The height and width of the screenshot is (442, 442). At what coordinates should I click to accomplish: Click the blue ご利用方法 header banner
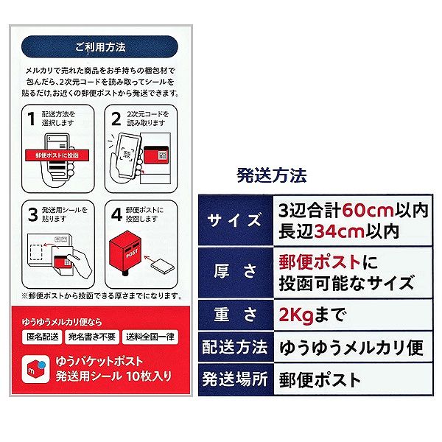click(99, 47)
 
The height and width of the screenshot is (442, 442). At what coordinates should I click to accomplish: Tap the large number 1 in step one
click(31, 119)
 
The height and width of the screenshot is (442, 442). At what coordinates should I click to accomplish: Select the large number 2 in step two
click(116, 119)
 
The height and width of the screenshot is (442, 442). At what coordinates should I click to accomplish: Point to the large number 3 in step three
click(33, 214)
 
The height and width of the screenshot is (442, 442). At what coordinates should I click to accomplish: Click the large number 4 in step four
click(116, 214)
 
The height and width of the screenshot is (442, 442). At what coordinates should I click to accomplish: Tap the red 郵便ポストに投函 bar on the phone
click(57, 155)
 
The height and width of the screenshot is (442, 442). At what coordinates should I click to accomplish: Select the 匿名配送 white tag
click(42, 337)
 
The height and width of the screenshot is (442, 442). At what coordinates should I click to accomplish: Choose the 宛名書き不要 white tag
click(92, 337)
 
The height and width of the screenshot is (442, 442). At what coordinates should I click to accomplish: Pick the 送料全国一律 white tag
click(150, 337)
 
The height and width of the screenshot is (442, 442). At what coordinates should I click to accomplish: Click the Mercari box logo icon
click(36, 369)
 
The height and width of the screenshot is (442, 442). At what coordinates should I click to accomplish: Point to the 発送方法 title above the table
click(271, 175)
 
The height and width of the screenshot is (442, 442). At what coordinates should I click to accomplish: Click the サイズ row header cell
click(236, 220)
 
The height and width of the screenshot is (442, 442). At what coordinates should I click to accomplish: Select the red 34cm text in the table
click(339, 231)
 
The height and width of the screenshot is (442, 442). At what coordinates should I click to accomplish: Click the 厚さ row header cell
click(236, 273)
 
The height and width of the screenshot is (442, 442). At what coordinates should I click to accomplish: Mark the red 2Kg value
click(295, 315)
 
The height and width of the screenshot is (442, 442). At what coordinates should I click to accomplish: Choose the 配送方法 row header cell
click(236, 347)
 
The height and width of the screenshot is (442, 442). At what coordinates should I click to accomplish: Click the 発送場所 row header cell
click(236, 379)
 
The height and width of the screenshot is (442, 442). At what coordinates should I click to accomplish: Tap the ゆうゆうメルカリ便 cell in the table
click(353, 347)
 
